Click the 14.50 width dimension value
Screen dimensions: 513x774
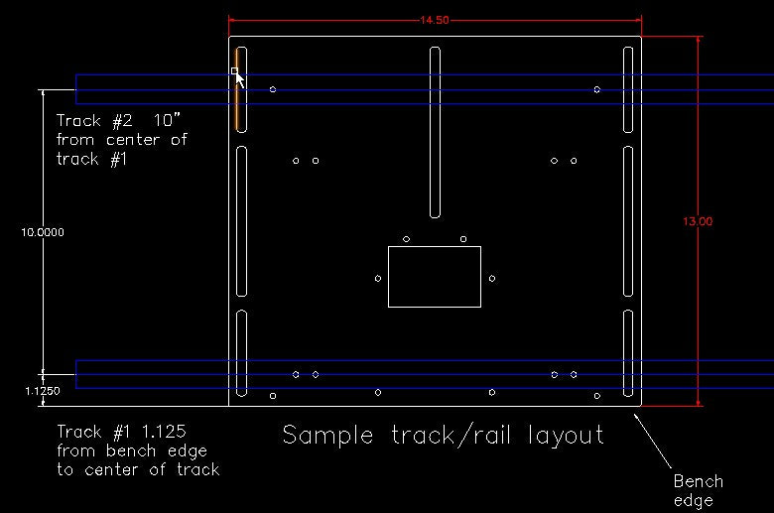(x=434, y=20)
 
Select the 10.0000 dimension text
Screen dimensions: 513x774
(x=43, y=231)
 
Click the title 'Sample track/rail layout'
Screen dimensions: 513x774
(x=443, y=435)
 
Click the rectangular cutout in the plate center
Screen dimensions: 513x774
(x=434, y=277)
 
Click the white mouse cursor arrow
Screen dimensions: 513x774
(x=239, y=78)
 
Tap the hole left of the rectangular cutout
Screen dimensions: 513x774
(x=378, y=279)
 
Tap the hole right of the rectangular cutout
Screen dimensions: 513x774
(x=492, y=279)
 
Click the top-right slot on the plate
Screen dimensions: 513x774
(x=628, y=89)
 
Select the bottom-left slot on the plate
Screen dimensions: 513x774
(x=241, y=352)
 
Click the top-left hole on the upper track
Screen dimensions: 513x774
(x=273, y=89)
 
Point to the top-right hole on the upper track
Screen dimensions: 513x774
(x=597, y=89)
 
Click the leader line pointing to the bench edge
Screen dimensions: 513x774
(x=655, y=436)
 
